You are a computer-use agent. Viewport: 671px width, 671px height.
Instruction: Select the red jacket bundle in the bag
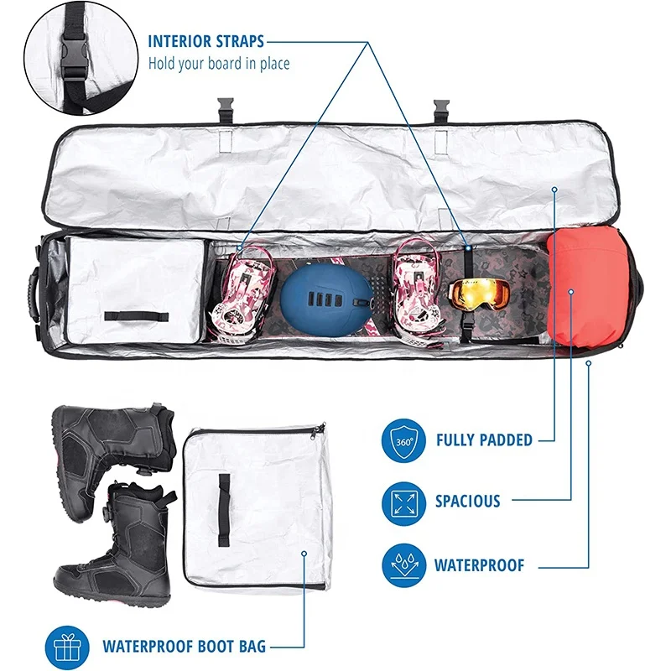[x=587, y=285]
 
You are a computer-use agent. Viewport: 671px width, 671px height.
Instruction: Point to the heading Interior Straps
[x=205, y=41]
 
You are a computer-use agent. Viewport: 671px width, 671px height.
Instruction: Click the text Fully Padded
[x=484, y=440]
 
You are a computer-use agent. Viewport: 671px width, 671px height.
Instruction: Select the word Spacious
[x=467, y=502]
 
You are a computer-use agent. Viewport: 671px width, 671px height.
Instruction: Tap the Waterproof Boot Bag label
[x=184, y=646]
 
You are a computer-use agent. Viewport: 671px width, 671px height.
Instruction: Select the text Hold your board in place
[x=219, y=63]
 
